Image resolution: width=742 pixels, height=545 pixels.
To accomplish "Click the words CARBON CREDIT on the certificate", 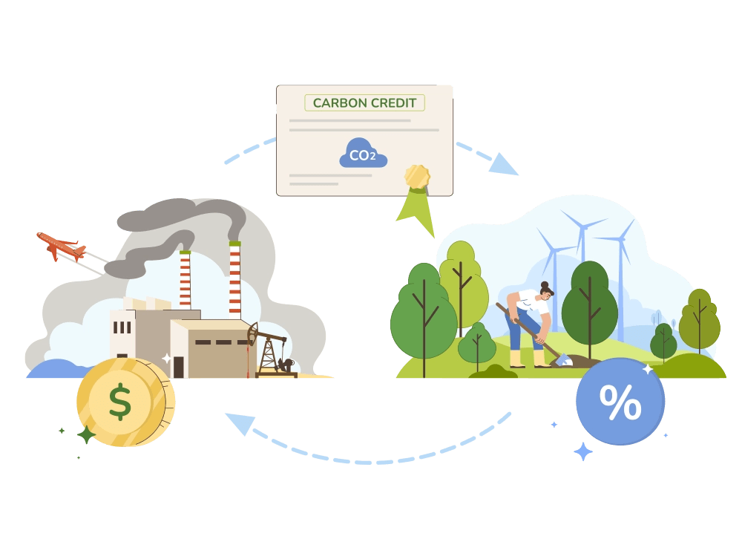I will (x=364, y=102).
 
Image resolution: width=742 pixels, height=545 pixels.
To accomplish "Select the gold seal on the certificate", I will (x=417, y=177).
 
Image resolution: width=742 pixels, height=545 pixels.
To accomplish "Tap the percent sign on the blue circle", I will (x=620, y=403).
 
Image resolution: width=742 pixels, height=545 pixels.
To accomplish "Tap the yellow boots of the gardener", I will (x=527, y=359).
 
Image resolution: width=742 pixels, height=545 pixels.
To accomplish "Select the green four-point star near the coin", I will (x=86, y=435).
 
